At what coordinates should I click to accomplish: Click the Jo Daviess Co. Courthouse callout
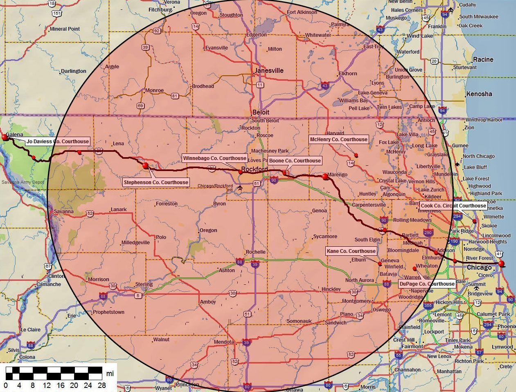[57, 142]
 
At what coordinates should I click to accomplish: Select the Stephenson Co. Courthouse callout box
[156, 182]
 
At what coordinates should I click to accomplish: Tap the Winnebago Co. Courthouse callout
[214, 158]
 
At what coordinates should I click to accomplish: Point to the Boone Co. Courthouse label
[295, 161]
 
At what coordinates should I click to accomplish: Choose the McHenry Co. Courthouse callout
[338, 140]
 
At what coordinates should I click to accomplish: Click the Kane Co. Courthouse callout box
[351, 251]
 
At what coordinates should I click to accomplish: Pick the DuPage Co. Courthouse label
[427, 284]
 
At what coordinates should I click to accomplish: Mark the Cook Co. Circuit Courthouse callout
[453, 205]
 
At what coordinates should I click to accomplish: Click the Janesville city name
[269, 70]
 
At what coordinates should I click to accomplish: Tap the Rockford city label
[254, 169]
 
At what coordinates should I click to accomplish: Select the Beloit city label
[261, 112]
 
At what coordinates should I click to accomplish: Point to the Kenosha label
[479, 94]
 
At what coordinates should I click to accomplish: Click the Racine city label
[483, 59]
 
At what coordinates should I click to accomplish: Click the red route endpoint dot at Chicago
[501, 264]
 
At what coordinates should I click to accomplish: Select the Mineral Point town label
[65, 29]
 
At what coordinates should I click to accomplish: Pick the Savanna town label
[63, 212]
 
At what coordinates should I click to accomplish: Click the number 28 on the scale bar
[102, 385]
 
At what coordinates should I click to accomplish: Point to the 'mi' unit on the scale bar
[110, 374]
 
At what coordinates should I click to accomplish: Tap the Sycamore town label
[325, 237]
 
